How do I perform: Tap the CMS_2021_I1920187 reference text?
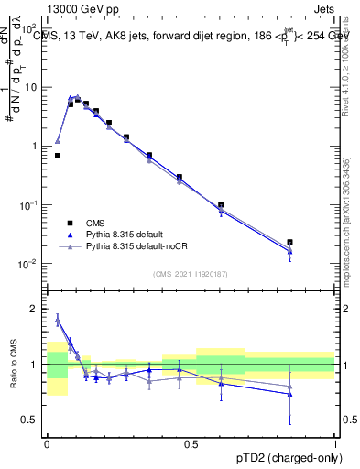[x=191, y=273]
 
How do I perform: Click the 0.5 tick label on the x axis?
[x=191, y=442]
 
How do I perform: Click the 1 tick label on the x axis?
[x=335, y=442]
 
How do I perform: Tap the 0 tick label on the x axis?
[x=47, y=442]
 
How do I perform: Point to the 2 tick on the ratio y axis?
[x=36, y=310]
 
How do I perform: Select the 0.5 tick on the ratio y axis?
[x=31, y=420]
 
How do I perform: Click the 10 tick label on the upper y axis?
[x=30, y=87]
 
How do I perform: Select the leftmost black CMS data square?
[x=57, y=156]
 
